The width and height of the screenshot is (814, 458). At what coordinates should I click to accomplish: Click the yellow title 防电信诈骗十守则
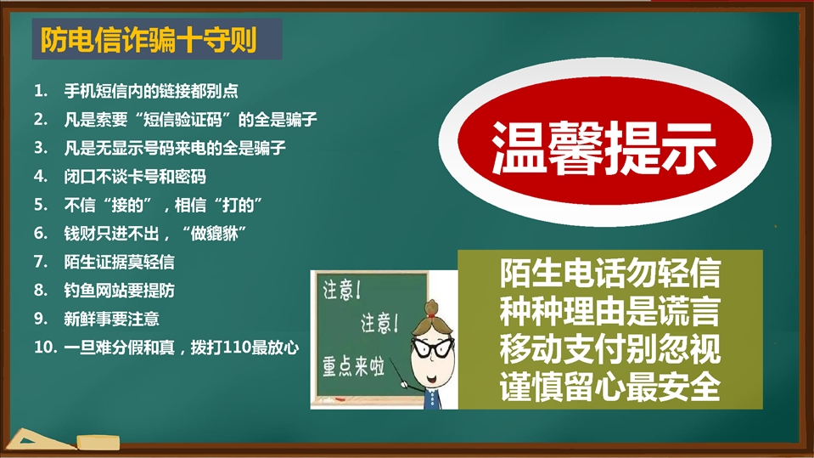point(149,40)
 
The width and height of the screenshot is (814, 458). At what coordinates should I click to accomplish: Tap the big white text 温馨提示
point(603,148)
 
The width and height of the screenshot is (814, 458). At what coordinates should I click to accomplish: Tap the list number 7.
point(41,262)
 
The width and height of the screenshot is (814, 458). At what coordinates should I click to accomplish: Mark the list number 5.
point(41,205)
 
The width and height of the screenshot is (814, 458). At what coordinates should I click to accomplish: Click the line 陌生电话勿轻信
point(610,273)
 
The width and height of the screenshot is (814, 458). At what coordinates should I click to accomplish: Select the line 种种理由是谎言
point(610,311)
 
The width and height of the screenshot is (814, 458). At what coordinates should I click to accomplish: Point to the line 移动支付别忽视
point(610,349)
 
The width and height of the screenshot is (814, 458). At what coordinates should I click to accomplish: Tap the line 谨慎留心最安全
point(610,387)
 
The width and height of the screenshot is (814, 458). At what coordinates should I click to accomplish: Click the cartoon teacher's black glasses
point(431,346)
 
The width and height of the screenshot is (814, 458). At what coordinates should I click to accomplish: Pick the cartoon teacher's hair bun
point(431,307)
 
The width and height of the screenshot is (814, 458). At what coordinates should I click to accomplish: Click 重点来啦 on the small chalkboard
point(354,366)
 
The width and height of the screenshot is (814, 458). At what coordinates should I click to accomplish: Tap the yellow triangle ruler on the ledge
point(39,440)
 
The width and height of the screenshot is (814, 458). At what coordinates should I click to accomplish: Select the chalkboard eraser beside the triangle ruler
point(98,443)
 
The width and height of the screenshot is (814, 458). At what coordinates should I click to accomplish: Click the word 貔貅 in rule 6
point(222,234)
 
